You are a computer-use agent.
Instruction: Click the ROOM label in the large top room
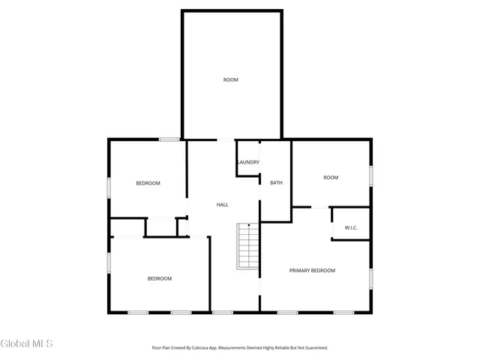coord(230,79)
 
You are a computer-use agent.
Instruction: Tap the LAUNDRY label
coord(248,163)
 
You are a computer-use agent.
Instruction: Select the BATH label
coord(276,183)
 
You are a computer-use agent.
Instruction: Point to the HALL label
coord(222,205)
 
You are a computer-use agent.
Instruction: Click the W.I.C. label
coord(350,227)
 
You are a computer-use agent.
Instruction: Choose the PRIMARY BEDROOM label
coord(312,270)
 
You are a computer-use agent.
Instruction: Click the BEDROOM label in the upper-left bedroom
coord(148,184)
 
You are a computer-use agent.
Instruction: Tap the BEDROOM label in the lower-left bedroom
coord(159,278)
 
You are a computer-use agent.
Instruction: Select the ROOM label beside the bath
coord(331,178)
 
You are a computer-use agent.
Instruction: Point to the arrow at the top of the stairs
coord(249,226)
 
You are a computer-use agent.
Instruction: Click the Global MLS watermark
coord(27,343)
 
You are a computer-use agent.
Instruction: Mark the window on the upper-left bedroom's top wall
coord(169,139)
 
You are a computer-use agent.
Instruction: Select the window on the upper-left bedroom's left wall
coord(109,187)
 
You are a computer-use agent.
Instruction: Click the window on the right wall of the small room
coord(370,175)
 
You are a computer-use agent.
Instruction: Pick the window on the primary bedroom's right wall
coord(370,278)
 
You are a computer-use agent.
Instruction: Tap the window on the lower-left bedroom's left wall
coord(109,263)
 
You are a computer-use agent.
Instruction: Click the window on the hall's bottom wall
coord(223,312)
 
